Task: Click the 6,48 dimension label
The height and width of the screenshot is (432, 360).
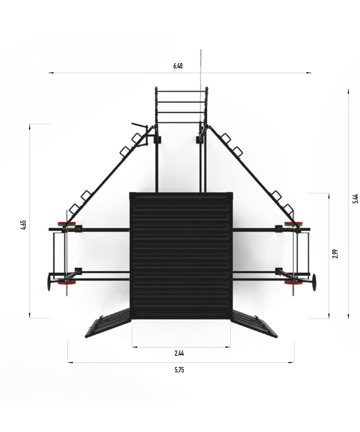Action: (178, 66)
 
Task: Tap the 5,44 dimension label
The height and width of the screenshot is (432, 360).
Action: (355, 199)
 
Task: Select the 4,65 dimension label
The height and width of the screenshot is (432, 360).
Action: (23, 225)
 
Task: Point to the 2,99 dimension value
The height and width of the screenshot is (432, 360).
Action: (336, 253)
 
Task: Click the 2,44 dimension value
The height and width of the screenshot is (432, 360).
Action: (179, 353)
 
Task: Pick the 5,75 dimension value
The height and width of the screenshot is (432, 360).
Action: (179, 370)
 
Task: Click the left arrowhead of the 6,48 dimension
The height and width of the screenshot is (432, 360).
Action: (51, 73)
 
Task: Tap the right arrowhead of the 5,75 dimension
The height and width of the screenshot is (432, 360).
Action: (291, 363)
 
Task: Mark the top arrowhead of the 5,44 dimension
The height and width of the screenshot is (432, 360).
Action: (348, 91)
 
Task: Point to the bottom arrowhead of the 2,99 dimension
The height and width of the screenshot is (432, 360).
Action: (329, 316)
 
